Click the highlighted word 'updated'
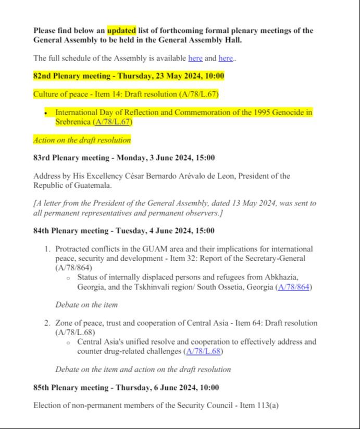coord(121,30)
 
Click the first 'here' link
coord(195,58)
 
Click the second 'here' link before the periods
coord(226,58)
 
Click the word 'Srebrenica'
coord(73,122)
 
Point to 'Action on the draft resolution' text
coord(82,140)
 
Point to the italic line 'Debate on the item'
coord(86,304)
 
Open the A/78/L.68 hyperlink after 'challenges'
coord(204,351)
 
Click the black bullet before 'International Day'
coord(47,113)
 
